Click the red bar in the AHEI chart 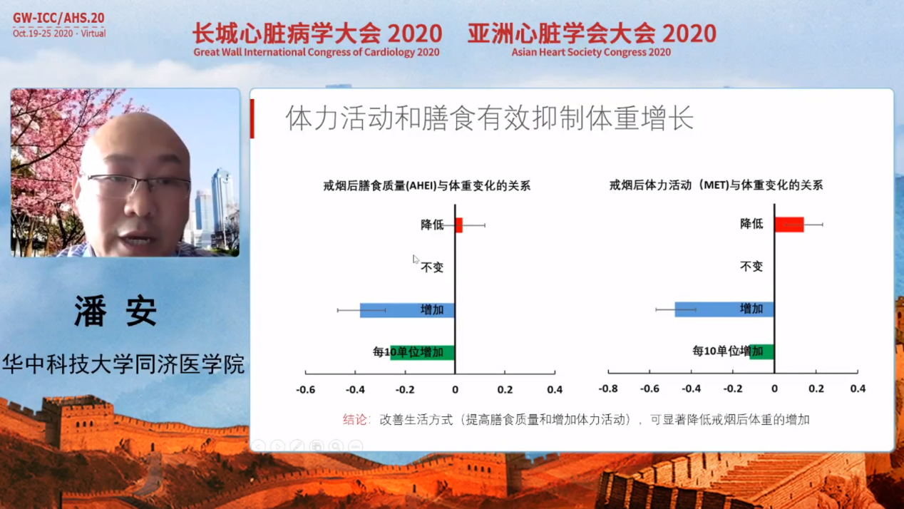pos(459,225)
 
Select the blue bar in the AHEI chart pos(407,310)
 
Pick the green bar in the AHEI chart pos(422,352)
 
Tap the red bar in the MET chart pos(789,225)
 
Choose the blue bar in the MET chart pos(724,309)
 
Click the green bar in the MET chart pos(762,351)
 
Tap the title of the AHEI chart pos(426,185)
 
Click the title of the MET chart pos(716,185)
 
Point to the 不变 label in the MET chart pos(751,267)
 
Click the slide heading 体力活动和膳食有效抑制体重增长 pos(490,118)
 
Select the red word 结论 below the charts pos(355,420)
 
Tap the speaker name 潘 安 pos(115,311)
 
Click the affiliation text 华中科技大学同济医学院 pos(123,364)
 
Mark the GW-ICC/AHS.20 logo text pos(58,18)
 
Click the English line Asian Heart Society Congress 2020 pos(591,53)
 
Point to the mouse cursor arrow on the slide pos(416,259)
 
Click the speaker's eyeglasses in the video pos(137,185)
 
